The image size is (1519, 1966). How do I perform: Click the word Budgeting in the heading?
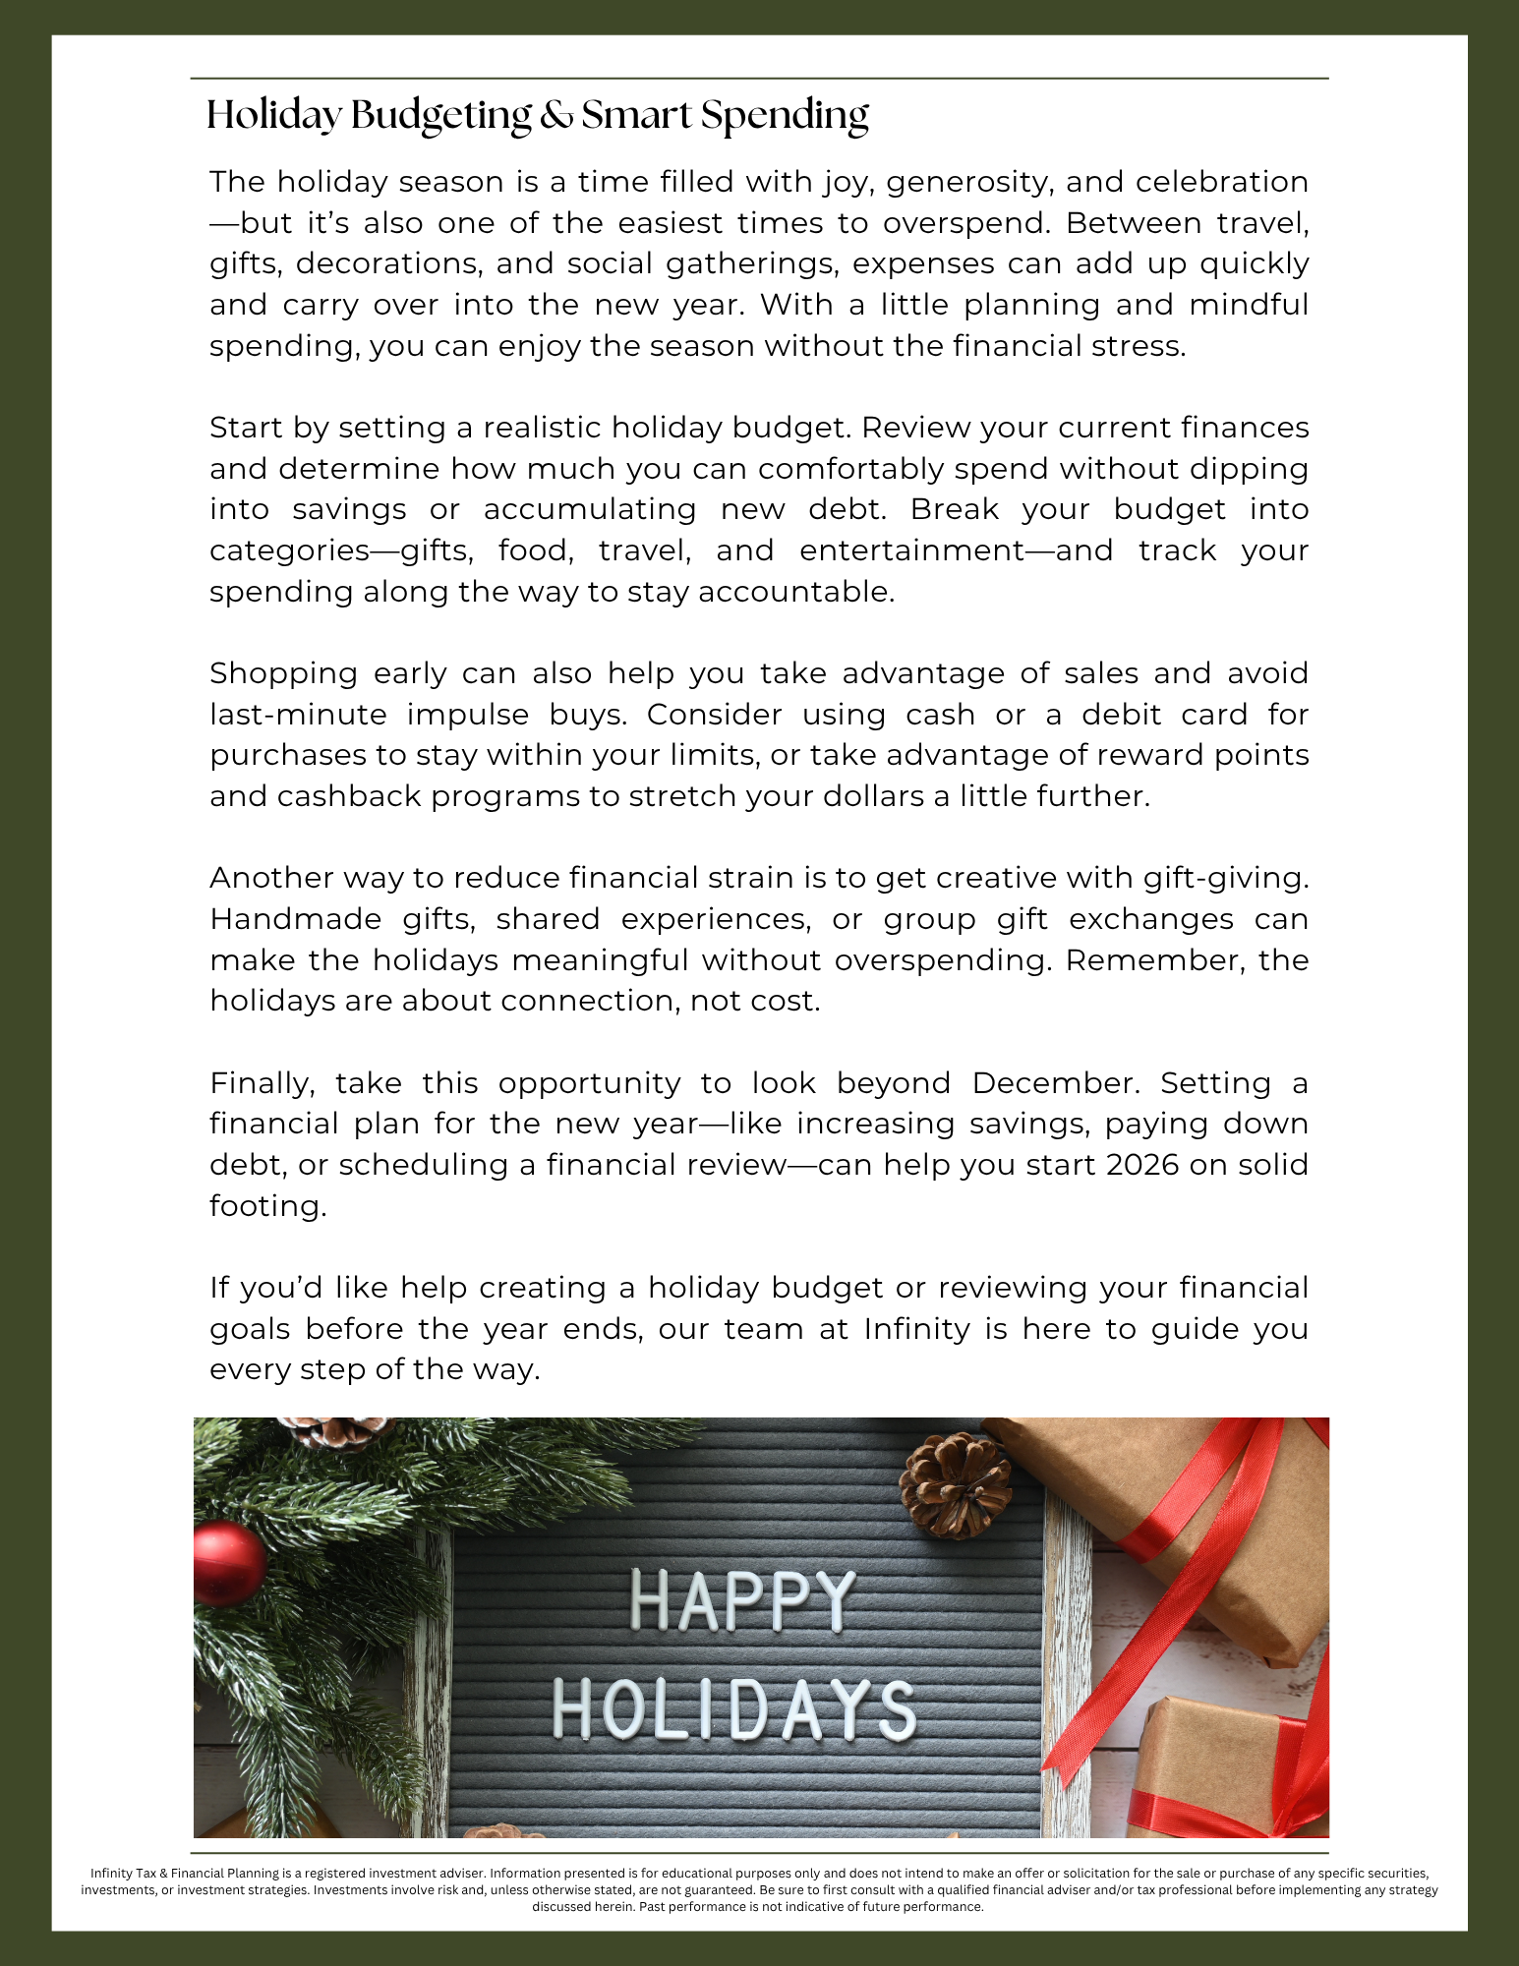(x=440, y=116)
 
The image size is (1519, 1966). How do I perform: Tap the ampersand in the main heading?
(x=556, y=116)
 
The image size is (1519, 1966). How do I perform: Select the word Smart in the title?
(x=636, y=116)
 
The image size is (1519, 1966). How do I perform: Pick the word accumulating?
(x=589, y=509)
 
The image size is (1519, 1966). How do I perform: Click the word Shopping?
(x=283, y=674)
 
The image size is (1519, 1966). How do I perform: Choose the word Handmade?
(x=295, y=919)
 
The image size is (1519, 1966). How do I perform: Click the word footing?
(x=266, y=1206)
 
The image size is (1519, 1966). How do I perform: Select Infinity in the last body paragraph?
(x=917, y=1329)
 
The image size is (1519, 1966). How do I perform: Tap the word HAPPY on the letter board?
(x=741, y=1600)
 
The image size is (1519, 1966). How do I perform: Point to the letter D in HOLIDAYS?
(x=750, y=1710)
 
